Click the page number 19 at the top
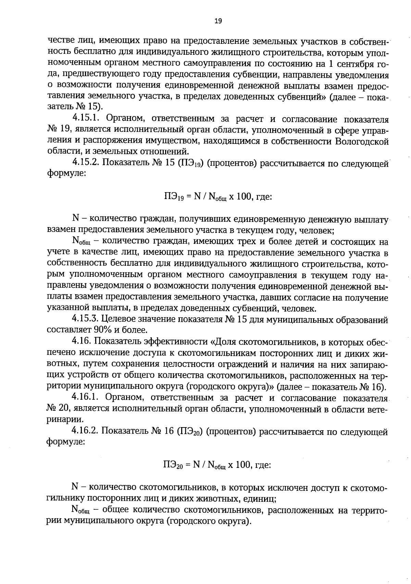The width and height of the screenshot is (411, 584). [218, 21]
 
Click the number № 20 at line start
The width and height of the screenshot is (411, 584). [57, 409]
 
